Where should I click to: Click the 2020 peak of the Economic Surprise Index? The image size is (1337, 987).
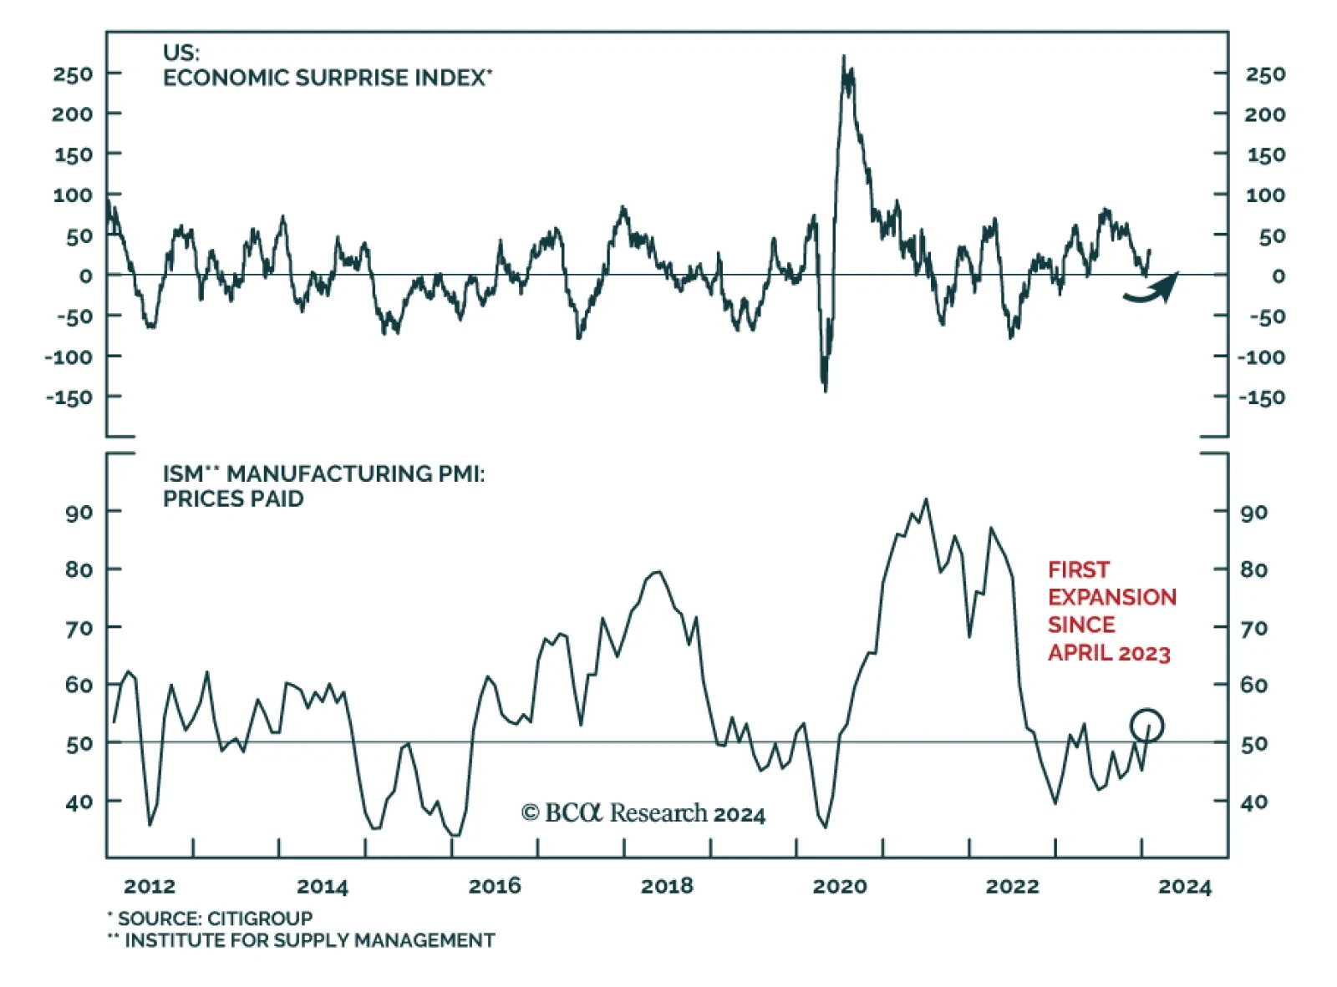point(843,58)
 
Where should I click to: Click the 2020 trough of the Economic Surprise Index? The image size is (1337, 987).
point(826,389)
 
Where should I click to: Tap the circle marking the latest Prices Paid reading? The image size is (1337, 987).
point(1146,725)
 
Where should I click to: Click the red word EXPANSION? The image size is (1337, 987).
point(1111,597)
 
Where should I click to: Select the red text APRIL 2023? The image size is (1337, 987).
point(1109,653)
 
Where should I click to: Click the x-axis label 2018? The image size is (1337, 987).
point(667,886)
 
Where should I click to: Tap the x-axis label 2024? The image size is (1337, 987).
point(1184,886)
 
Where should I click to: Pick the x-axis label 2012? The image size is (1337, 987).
point(150,886)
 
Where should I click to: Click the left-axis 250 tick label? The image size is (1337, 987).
point(73,74)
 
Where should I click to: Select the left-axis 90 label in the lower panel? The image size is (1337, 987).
point(79,512)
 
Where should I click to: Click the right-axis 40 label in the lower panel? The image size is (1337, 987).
point(1253,802)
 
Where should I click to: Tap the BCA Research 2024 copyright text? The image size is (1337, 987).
point(643,813)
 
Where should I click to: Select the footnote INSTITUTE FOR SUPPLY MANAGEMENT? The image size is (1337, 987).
point(309,940)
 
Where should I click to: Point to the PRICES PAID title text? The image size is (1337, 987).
point(233,499)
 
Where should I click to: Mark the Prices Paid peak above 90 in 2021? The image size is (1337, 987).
point(925,499)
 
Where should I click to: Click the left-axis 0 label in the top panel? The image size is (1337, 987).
point(86,276)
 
